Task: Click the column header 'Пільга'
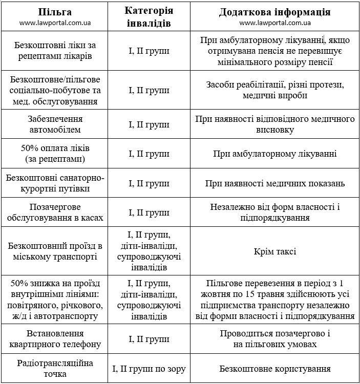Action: (55, 12)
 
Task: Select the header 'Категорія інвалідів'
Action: (149, 17)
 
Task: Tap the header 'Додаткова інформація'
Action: (275, 12)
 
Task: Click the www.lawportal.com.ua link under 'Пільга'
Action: (55, 23)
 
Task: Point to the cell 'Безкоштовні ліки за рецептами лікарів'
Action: (55, 51)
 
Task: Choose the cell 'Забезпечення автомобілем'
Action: (55, 124)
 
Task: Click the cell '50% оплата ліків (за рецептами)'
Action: (55, 153)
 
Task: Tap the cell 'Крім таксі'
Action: (275, 251)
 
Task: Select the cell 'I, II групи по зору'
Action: (149, 368)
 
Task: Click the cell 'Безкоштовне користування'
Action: (275, 368)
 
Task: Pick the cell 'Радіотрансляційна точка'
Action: (55, 368)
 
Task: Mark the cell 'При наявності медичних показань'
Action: (275, 183)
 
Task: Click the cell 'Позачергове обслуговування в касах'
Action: (55, 212)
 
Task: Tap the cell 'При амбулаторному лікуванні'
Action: (275, 153)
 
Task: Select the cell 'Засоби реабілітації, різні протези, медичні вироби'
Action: (275, 90)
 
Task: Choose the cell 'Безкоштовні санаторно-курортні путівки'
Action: (55, 183)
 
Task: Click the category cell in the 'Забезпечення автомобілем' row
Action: (149, 124)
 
